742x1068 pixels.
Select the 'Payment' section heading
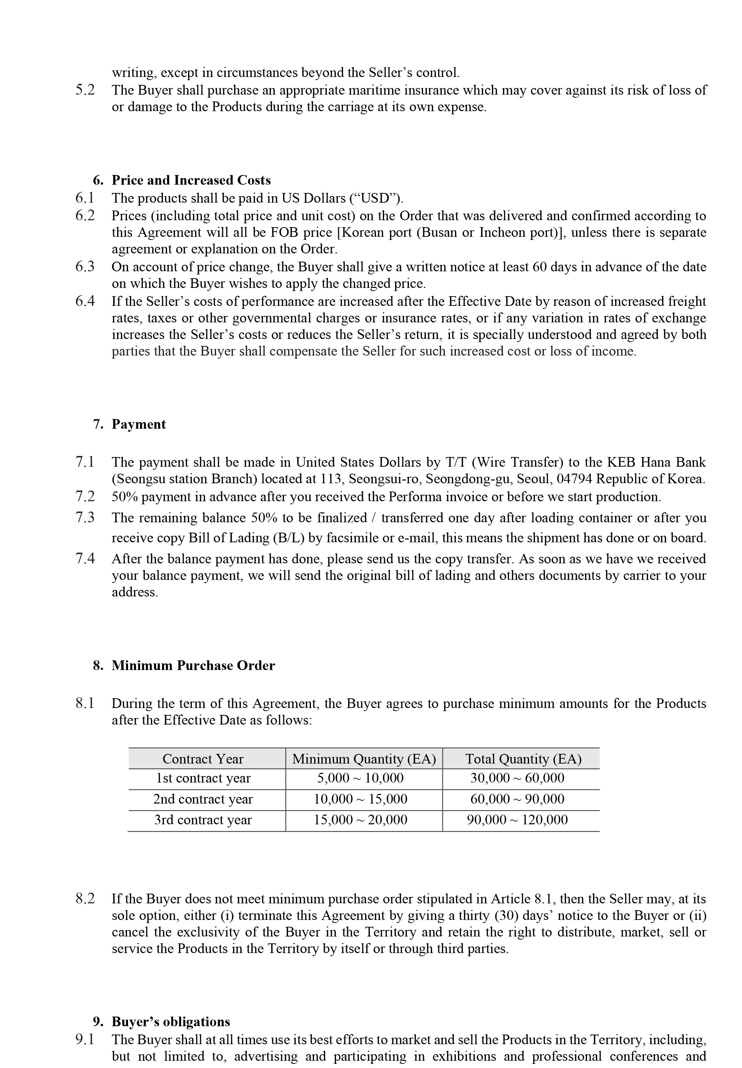point(138,425)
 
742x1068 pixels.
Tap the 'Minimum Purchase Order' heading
point(193,666)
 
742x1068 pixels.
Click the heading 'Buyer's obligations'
point(170,1022)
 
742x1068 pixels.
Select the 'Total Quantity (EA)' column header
point(523,759)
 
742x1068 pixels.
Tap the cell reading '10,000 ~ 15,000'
point(360,799)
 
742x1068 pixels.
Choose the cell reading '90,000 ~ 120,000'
point(517,820)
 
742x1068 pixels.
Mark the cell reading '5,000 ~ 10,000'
point(360,778)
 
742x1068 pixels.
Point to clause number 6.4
point(85,301)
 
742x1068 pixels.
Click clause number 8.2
point(85,899)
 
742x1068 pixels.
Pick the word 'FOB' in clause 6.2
point(284,232)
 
